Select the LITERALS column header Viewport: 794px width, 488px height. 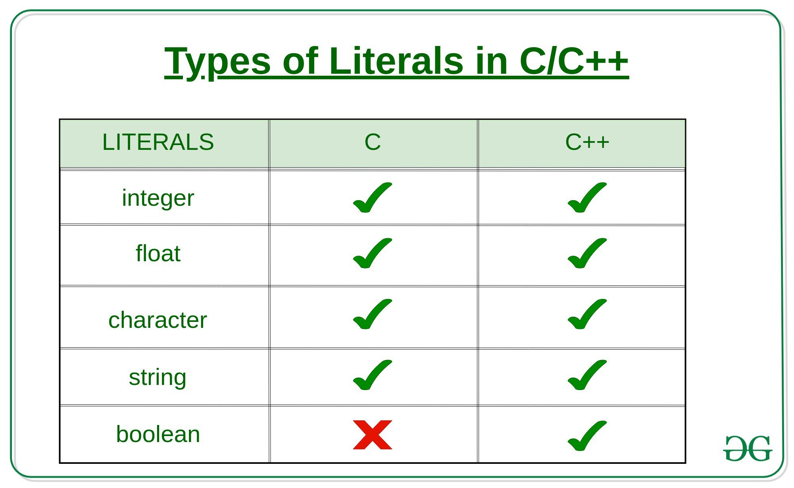coord(158,142)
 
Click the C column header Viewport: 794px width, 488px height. coord(373,142)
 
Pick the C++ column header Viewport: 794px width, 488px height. coord(587,142)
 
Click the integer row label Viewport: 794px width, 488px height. coord(158,198)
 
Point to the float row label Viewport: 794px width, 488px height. coord(158,253)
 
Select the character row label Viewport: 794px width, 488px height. coord(158,320)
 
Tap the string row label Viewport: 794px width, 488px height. coord(158,377)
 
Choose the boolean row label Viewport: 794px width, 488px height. coord(158,434)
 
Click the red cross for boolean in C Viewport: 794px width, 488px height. coord(373,435)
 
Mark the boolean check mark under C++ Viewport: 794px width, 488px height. coord(587,436)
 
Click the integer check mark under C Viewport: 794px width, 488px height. coord(372,197)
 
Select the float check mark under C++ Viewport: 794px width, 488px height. coord(587,253)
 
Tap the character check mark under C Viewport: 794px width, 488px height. coord(372,314)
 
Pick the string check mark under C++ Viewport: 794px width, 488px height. coord(587,375)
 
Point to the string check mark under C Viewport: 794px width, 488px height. coord(372,375)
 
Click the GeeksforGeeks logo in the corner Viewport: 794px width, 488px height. coord(748,448)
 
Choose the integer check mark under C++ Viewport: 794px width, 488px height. coord(587,197)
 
